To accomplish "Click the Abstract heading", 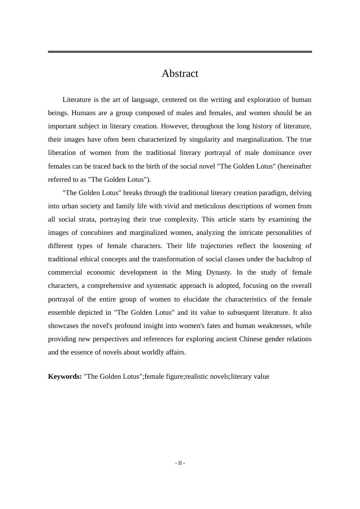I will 180,73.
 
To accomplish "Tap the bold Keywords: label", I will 65,376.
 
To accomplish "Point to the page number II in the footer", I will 180,463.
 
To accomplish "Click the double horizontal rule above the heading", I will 180,52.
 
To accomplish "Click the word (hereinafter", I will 294,166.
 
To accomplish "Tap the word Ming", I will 194,272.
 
